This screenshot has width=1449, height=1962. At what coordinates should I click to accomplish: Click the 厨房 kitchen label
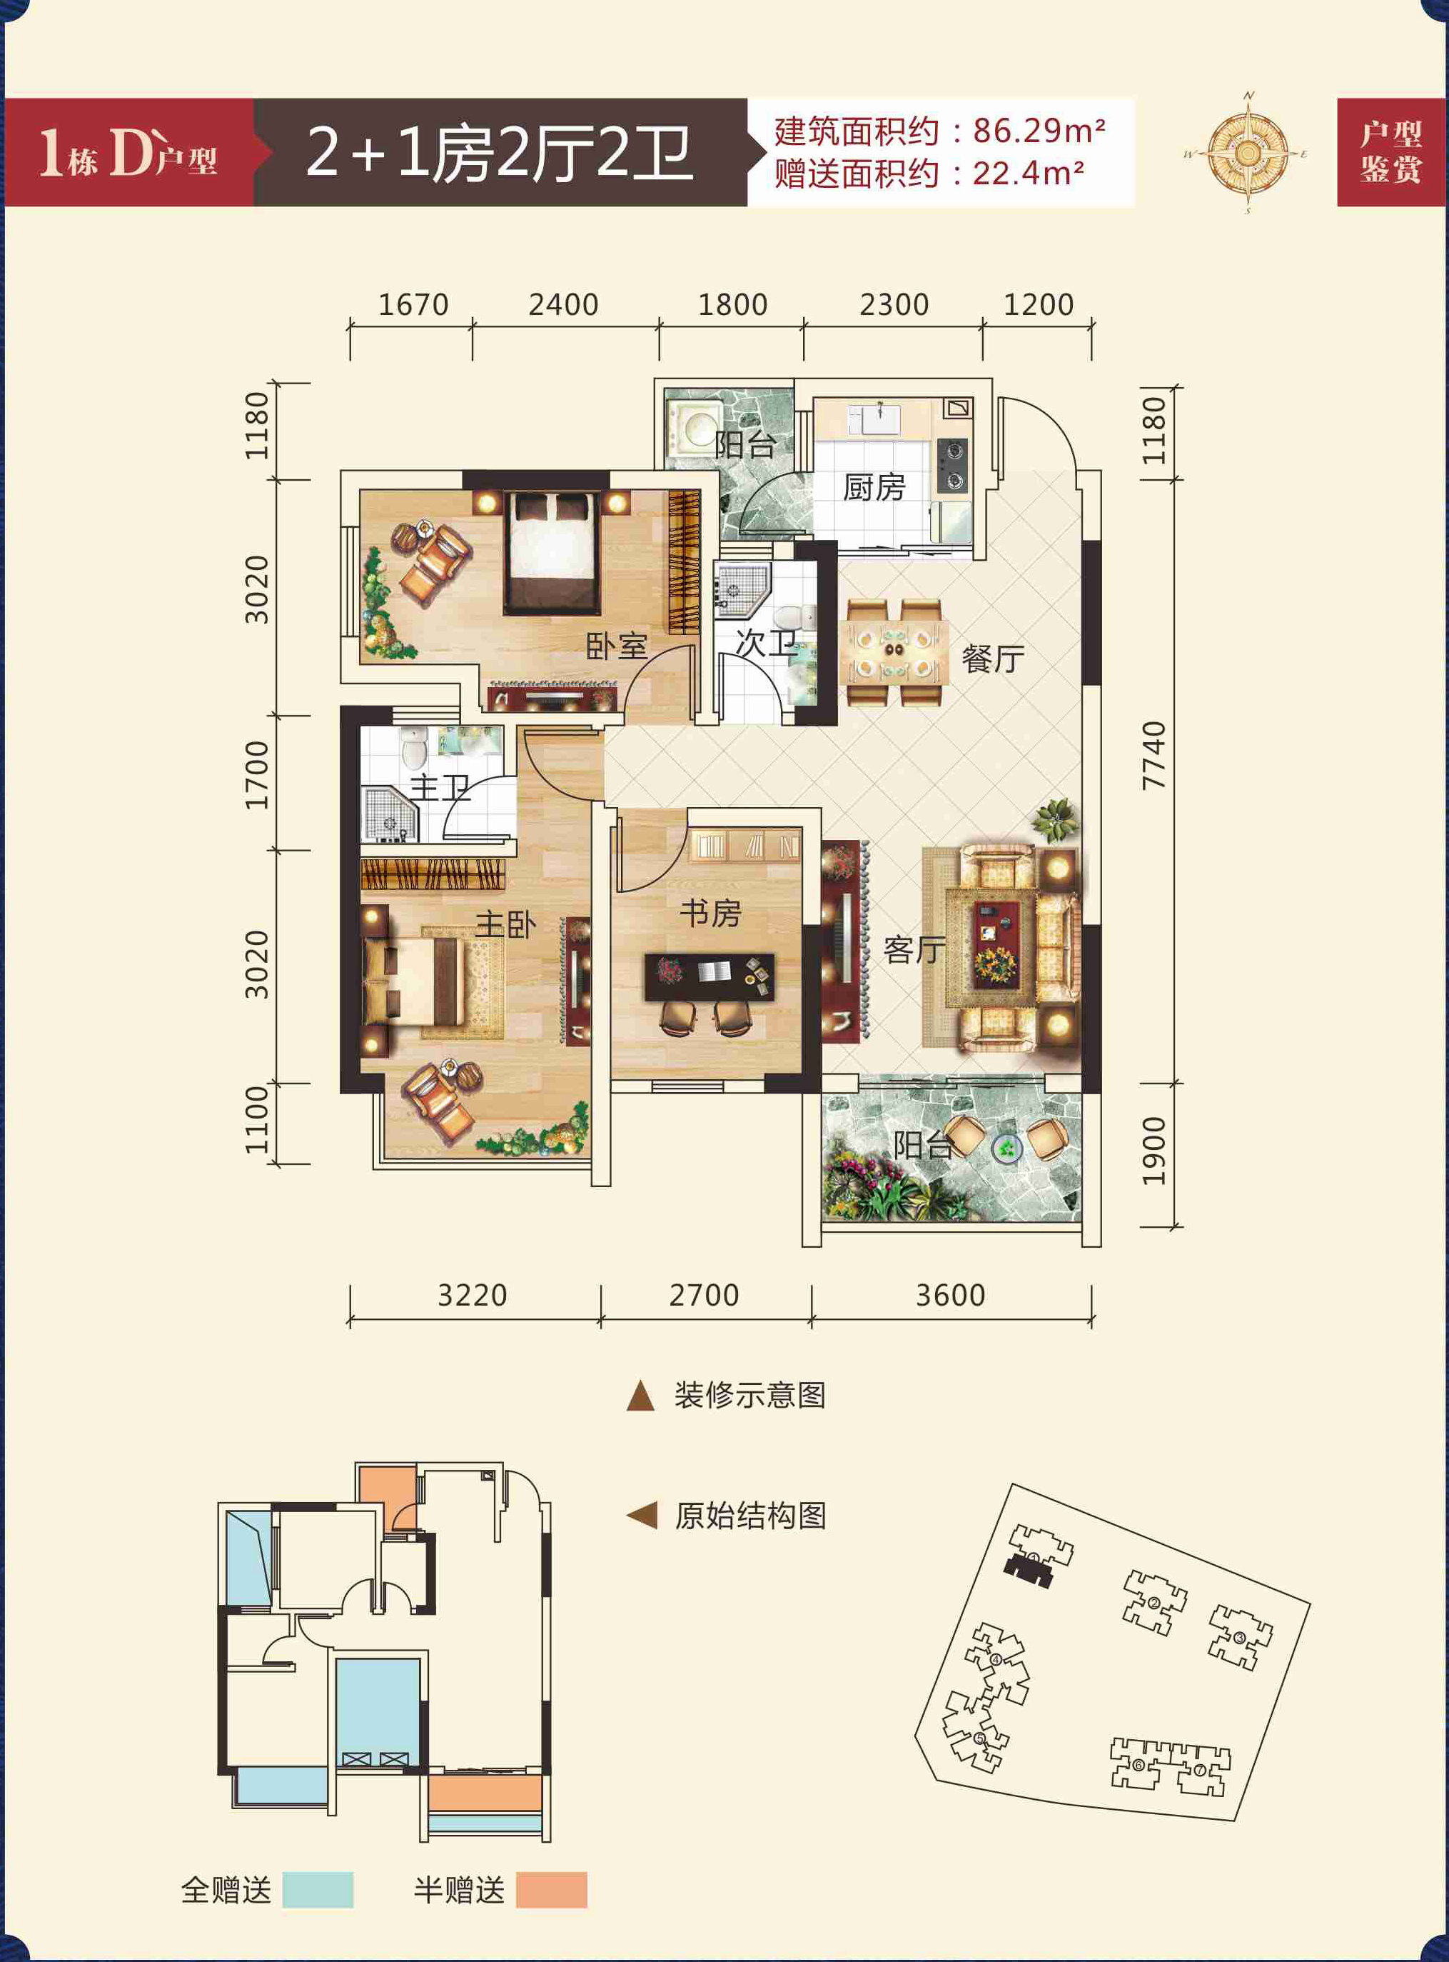click(874, 487)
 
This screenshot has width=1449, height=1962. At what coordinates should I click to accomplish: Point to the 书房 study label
click(710, 913)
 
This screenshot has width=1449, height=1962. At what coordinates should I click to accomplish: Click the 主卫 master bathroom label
click(440, 787)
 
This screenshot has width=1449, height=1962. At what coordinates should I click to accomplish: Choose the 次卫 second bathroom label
click(766, 644)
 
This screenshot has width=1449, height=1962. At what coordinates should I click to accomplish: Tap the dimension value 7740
click(1154, 755)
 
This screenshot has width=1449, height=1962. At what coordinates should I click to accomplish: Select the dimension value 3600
click(951, 1295)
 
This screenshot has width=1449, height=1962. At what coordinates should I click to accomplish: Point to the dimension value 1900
click(1154, 1151)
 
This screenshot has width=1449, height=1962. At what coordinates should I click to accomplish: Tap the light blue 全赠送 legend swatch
click(318, 1889)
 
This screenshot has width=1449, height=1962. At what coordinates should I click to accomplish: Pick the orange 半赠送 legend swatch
click(552, 1889)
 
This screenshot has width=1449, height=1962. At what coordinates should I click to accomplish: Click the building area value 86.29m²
click(1039, 131)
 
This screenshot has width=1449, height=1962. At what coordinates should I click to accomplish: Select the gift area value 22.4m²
click(1028, 173)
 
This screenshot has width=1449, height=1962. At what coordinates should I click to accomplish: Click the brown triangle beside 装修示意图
click(640, 1395)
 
